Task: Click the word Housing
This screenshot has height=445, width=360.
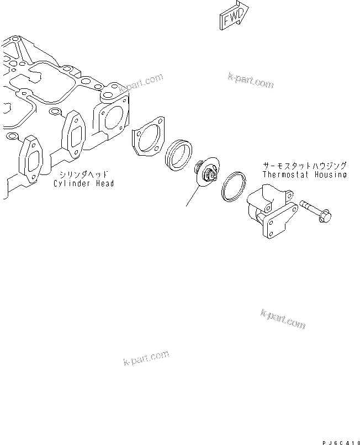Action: [x=329, y=174]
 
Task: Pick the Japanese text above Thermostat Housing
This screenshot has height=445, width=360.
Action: [x=305, y=165]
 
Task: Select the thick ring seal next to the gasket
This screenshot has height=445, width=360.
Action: [x=178, y=154]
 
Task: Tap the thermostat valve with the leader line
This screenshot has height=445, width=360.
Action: [x=208, y=172]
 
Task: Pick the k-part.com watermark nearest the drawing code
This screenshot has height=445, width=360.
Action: [x=282, y=319]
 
